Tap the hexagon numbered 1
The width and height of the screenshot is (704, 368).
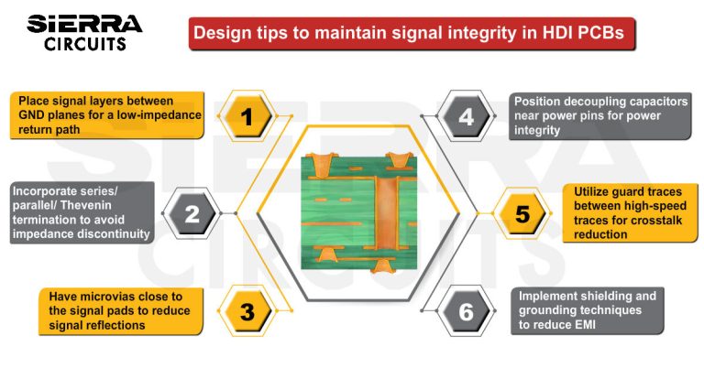(x=246, y=116)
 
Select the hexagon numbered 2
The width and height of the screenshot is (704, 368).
(x=192, y=214)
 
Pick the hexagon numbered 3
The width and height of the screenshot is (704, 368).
(x=246, y=311)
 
